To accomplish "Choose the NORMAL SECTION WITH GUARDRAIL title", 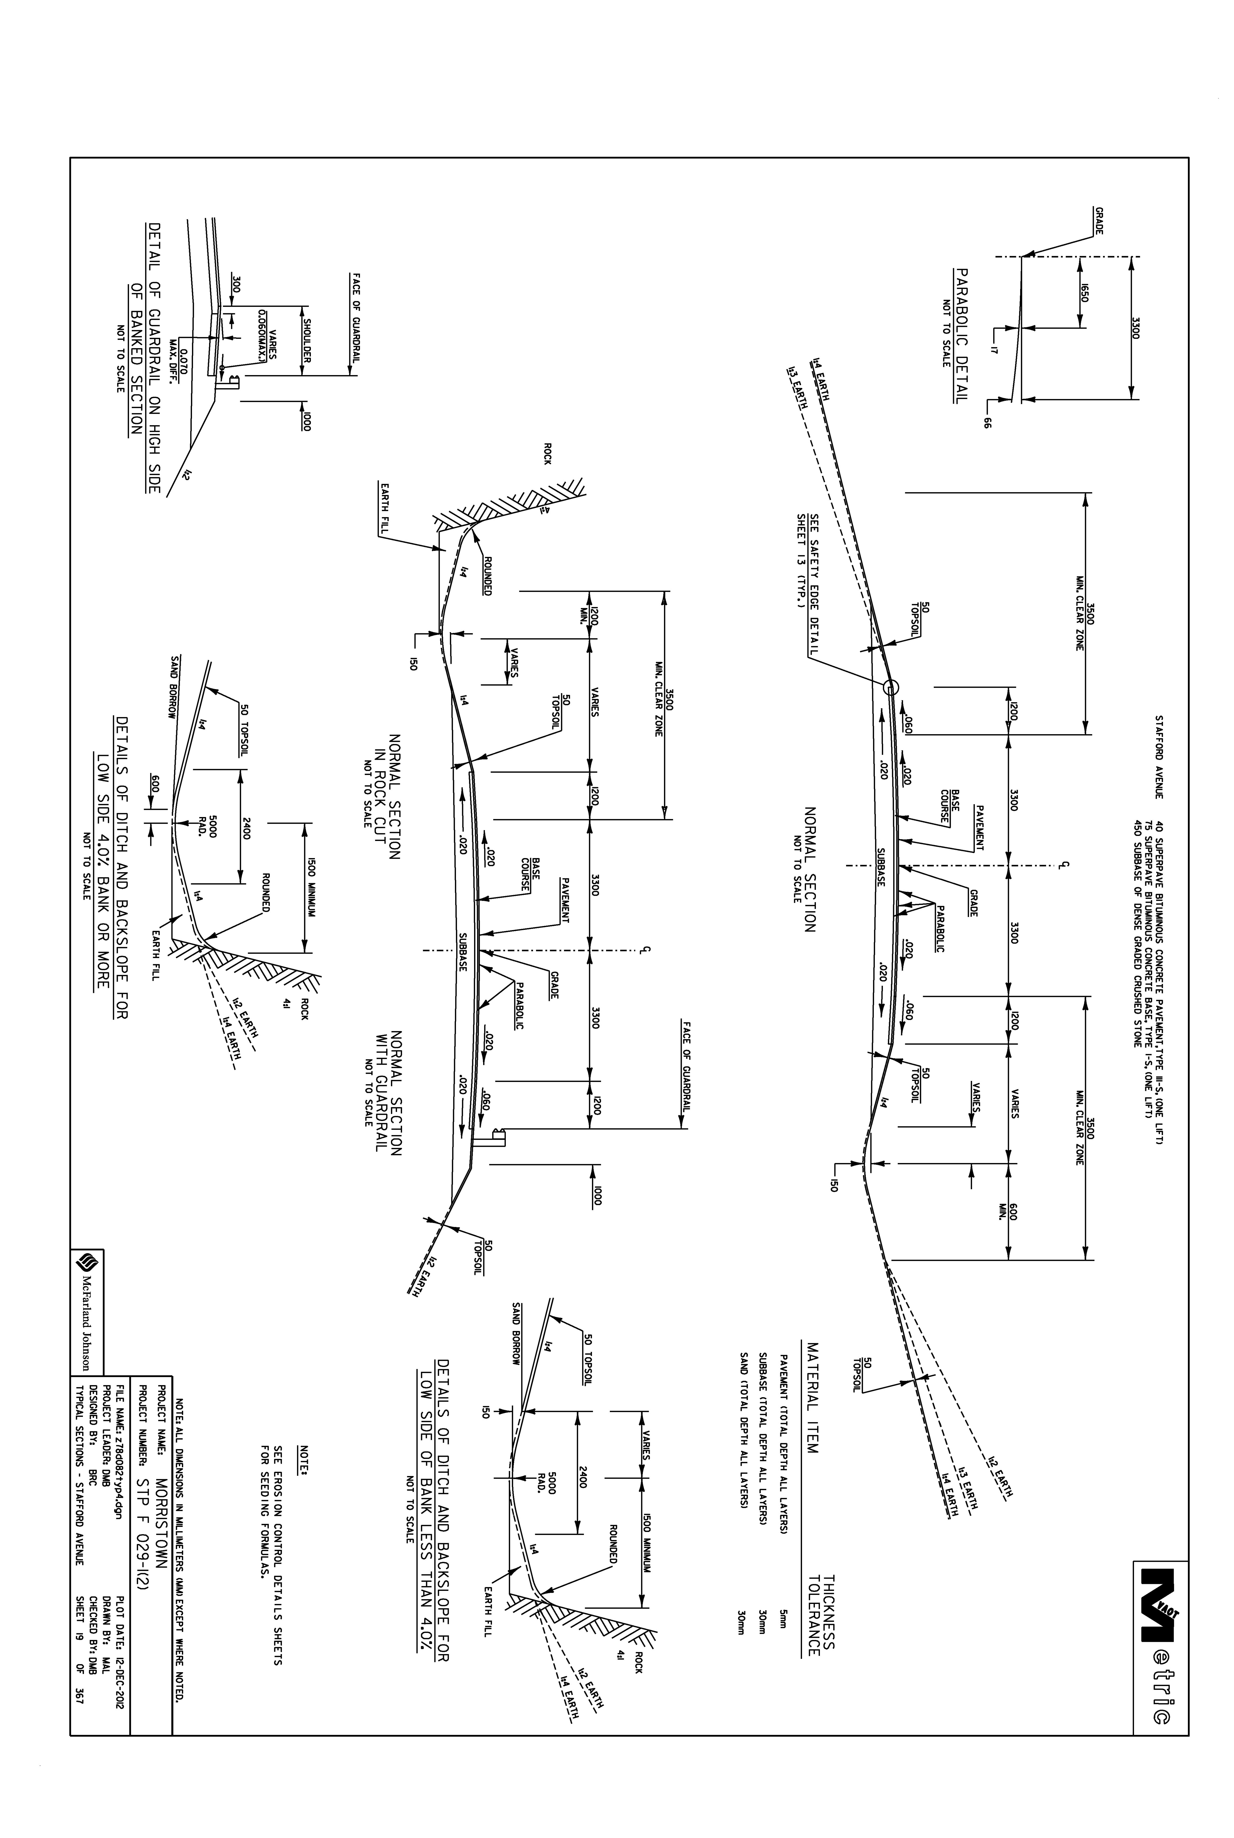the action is coord(383,1094).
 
